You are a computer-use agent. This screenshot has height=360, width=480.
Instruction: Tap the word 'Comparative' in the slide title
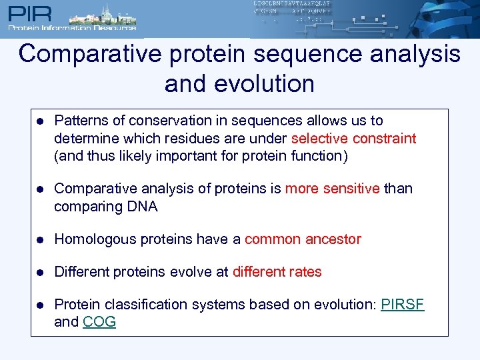point(90,54)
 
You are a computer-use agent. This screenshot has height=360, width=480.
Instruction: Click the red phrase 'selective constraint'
point(353,139)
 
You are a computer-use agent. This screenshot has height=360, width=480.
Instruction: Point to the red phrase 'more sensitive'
point(332,189)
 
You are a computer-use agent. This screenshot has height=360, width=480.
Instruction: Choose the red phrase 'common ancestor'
point(303,239)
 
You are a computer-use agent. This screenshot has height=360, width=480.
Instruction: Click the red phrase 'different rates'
point(277,272)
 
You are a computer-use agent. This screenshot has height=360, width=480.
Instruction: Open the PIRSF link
point(403,305)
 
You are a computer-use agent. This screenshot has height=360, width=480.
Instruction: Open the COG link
point(99,322)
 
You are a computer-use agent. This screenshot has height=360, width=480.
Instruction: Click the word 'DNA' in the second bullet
point(141,207)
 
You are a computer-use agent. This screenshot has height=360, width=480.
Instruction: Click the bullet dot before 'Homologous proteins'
point(41,239)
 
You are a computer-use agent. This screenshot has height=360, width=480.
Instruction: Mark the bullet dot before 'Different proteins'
point(41,272)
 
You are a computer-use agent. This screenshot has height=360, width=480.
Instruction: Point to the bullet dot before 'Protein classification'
point(41,305)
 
